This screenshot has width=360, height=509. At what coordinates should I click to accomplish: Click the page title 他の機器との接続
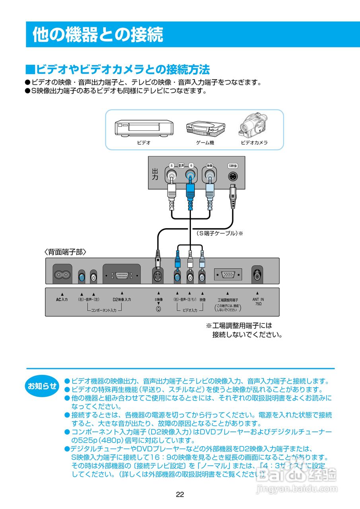97,35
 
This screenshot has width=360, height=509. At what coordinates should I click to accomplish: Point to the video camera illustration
254,124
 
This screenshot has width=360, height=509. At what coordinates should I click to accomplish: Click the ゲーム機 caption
205,142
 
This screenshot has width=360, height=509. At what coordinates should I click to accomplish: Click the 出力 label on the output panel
155,174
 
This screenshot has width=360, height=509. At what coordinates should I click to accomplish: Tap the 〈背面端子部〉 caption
65,252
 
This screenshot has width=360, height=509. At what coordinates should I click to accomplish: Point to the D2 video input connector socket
121,275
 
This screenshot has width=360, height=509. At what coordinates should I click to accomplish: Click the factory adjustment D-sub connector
228,274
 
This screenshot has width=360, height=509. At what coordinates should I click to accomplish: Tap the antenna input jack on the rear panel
257,274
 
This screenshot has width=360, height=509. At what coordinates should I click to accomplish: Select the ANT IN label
258,299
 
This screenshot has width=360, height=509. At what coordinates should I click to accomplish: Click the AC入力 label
62,299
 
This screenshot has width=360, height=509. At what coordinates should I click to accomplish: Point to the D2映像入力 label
122,299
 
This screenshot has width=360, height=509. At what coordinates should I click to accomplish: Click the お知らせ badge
42,385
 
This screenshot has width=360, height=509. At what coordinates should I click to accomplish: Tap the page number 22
180,494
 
